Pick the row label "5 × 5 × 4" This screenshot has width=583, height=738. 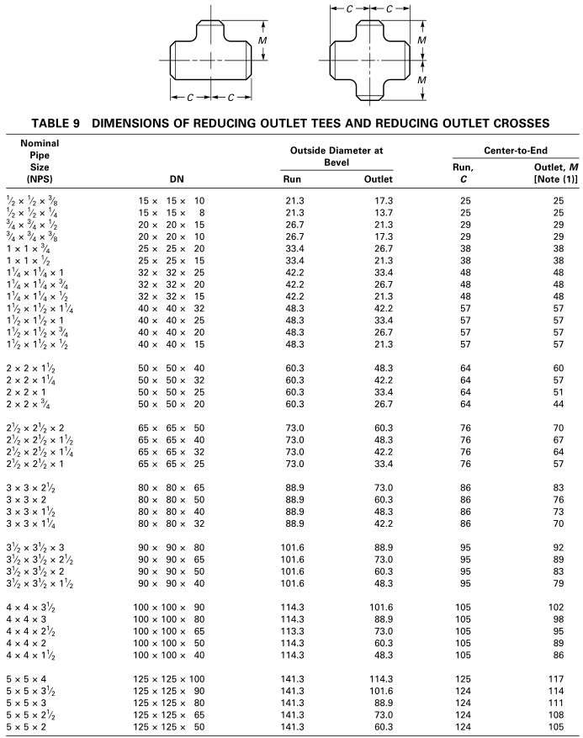point(28,678)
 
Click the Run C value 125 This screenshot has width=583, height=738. point(467,678)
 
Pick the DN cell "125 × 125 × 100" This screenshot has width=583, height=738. point(172,678)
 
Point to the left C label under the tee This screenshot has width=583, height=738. point(191,97)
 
